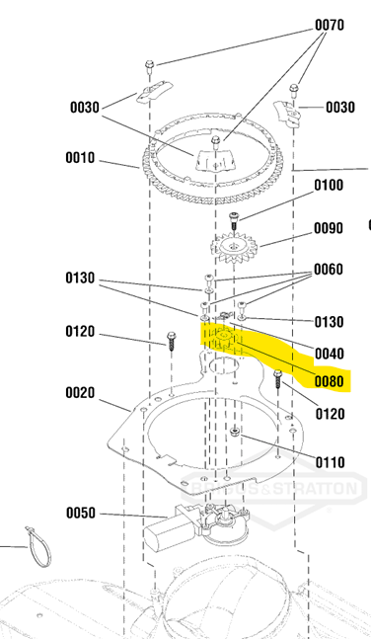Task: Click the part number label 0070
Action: (329, 26)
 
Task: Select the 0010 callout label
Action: (80, 158)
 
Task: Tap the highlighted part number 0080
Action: (329, 381)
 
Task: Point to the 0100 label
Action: (329, 186)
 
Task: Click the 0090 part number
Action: (329, 228)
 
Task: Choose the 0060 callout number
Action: (329, 270)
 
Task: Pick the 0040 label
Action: (329, 354)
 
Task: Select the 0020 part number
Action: (80, 393)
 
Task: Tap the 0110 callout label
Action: (330, 462)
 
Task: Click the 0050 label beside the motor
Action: (81, 513)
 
